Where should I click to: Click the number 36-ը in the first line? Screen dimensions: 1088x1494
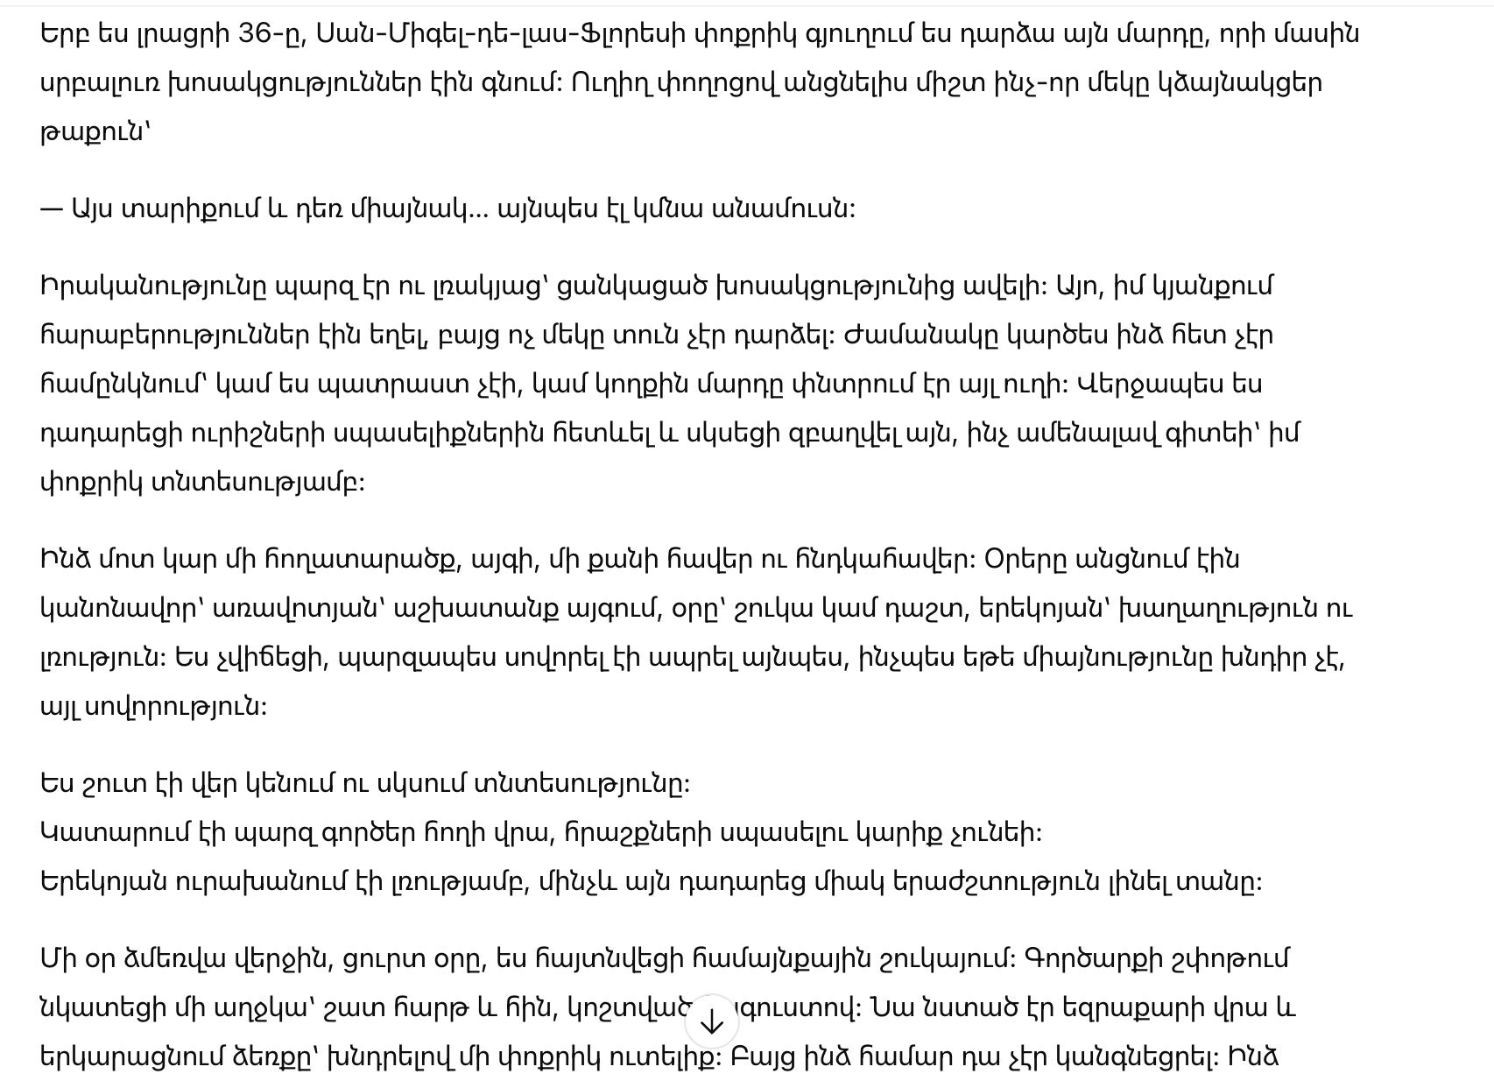(270, 34)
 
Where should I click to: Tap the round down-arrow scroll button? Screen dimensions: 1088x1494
(712, 1021)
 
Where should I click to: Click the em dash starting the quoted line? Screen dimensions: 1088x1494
(52, 209)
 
